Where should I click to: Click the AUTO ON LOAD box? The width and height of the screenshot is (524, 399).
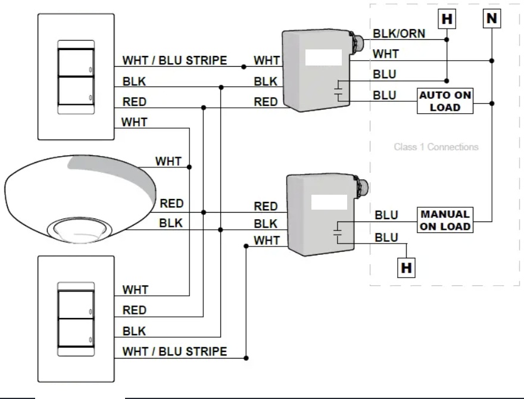click(445, 101)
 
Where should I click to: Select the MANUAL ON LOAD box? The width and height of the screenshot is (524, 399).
click(445, 220)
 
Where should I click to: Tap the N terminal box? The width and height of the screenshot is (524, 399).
click(491, 18)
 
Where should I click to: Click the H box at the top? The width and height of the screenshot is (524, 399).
click(447, 20)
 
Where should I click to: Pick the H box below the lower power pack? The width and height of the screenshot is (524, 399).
click(406, 268)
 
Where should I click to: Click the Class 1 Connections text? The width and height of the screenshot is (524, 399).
click(436, 146)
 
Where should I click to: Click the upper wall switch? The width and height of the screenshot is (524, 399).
click(76, 77)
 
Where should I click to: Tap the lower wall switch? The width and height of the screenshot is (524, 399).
click(76, 319)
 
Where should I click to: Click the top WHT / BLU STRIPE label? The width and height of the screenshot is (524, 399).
click(174, 61)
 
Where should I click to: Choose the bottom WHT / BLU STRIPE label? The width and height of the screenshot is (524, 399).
click(174, 351)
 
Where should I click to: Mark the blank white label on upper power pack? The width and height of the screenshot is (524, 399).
click(323, 57)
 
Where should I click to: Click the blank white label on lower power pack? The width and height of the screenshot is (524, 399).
click(329, 201)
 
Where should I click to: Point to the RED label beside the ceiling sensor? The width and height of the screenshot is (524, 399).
click(171, 204)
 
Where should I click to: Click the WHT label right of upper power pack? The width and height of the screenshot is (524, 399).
click(386, 54)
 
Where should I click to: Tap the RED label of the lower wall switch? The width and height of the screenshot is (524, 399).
click(135, 310)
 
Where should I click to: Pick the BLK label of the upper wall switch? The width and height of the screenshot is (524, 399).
click(134, 82)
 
